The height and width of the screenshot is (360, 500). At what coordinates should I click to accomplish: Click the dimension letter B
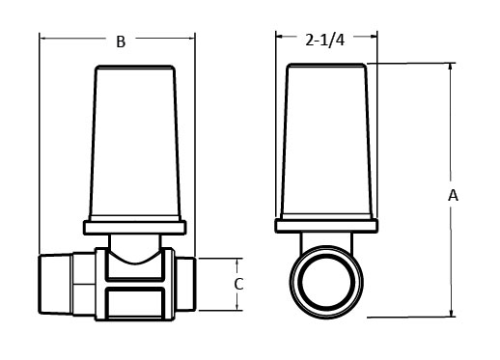[x=120, y=42]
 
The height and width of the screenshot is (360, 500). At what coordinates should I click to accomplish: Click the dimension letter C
[x=239, y=285]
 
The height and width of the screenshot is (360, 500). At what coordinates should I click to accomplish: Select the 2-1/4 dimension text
[x=325, y=41]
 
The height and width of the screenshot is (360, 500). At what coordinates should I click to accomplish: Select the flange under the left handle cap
[x=135, y=228]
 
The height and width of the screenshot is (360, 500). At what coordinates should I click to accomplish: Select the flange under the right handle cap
[x=326, y=228]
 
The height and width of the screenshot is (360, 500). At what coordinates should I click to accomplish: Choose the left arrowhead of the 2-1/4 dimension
[x=280, y=39]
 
